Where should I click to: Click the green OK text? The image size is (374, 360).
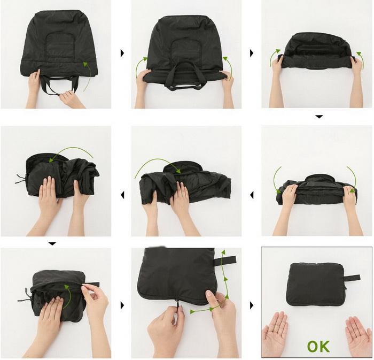[x=318, y=347]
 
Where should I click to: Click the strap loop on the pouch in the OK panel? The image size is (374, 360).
[x=352, y=278]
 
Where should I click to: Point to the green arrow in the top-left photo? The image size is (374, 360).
[x=88, y=75]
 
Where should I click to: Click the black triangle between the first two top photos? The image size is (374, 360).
[x=122, y=53]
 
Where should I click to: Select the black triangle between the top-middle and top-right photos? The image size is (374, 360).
[x=252, y=53]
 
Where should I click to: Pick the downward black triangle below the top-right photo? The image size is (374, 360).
[x=319, y=117]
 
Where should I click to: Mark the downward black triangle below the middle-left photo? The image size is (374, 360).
[x=52, y=244]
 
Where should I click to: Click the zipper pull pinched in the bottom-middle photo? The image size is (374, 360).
[x=178, y=304]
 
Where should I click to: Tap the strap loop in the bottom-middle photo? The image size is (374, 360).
[x=225, y=261]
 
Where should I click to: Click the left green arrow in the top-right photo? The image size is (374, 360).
[x=274, y=57]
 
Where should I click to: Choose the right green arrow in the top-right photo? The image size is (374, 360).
[x=361, y=60]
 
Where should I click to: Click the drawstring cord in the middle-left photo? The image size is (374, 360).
[x=20, y=179]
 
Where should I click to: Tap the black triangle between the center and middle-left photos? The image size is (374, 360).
[x=122, y=195]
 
